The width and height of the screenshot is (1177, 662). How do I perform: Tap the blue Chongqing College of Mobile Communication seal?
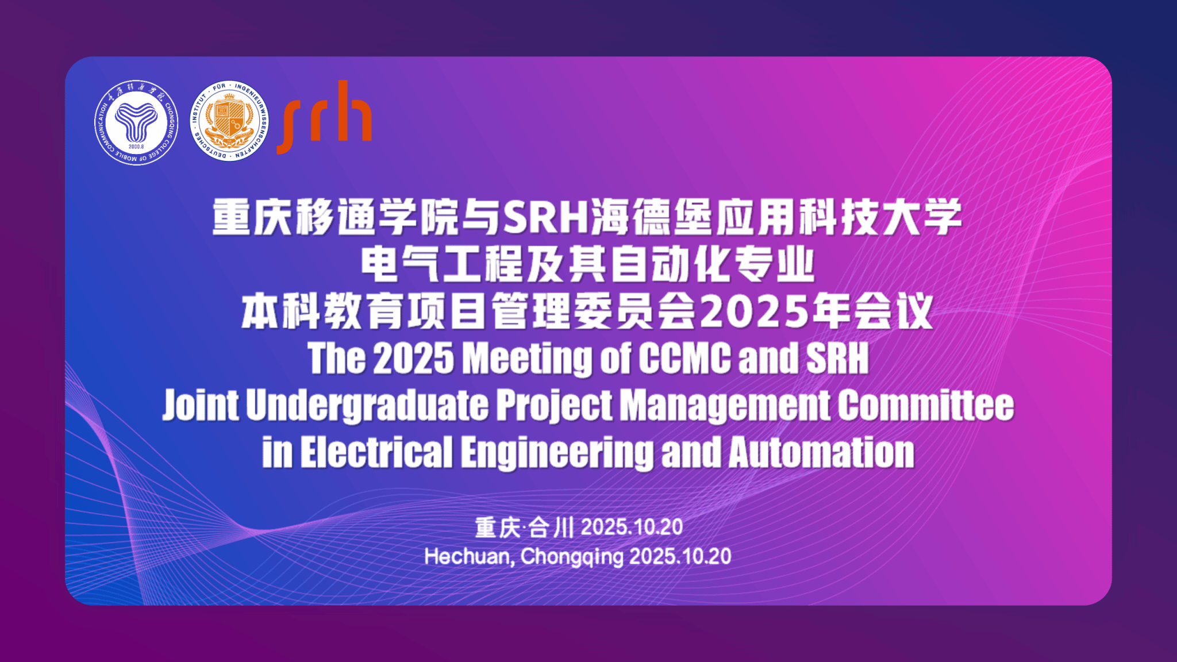136,122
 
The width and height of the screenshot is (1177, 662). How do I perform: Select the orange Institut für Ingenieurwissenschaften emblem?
229,121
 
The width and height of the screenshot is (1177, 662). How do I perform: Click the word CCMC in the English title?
684,358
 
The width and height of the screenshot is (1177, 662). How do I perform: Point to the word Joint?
200,405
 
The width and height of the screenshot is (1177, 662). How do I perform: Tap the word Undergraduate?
367,406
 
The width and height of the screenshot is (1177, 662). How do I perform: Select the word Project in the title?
554,406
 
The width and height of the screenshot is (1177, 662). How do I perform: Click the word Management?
725,406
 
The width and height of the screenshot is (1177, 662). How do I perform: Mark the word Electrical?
376,452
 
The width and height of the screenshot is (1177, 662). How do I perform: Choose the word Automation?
822,452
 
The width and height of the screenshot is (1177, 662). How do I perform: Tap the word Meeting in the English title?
527,359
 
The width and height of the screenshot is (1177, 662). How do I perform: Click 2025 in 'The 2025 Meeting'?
414,359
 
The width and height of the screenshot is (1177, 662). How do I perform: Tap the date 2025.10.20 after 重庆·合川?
632,527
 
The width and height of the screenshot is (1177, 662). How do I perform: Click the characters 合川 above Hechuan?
551,528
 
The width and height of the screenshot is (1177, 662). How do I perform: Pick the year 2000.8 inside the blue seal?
136,147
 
